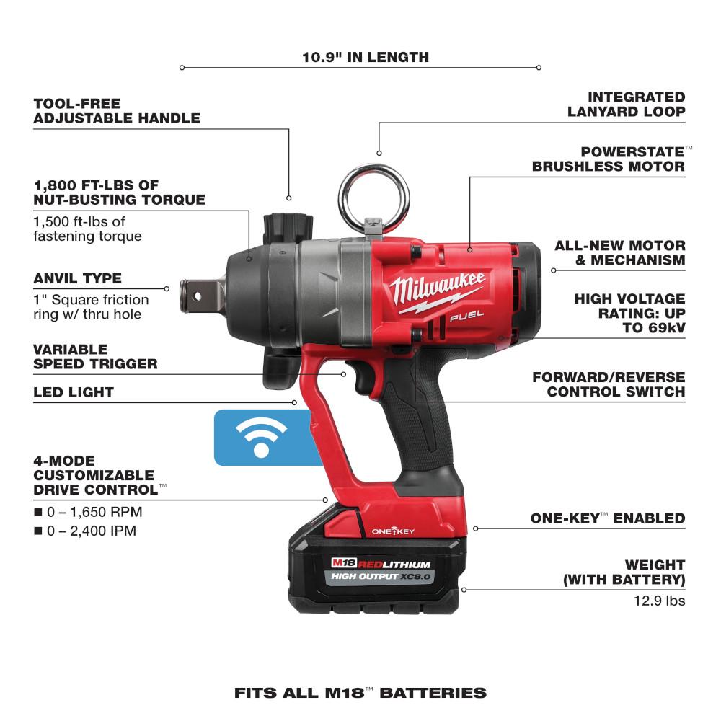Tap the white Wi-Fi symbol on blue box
click(x=262, y=438)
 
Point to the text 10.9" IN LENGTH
click(x=366, y=57)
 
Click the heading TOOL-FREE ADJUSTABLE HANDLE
click(x=116, y=111)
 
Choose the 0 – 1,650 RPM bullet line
click(x=88, y=512)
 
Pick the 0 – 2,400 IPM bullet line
click(x=88, y=531)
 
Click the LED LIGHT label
click(x=74, y=392)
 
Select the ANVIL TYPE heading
click(x=78, y=278)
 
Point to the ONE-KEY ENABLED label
click(x=607, y=518)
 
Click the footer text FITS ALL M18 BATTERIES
click(x=360, y=693)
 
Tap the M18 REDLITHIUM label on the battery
click(x=382, y=564)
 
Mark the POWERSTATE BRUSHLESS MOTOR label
click(x=608, y=159)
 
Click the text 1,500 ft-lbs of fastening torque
click(x=87, y=229)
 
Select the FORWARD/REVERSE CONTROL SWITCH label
click(x=609, y=384)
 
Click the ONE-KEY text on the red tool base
click(x=392, y=531)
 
